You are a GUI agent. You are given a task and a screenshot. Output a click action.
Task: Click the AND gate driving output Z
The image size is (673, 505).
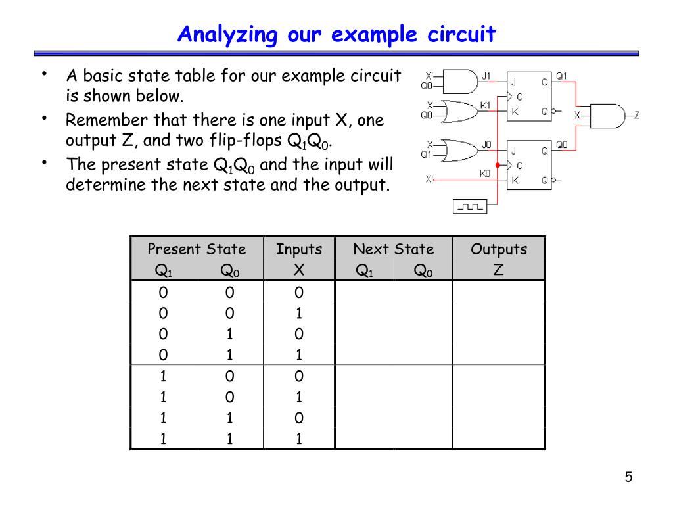607,114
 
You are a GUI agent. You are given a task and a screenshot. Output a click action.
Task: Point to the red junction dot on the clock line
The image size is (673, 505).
498,165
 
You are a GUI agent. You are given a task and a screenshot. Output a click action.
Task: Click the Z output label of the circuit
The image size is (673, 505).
636,115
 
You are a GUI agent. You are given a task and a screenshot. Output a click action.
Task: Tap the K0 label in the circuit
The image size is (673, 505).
485,174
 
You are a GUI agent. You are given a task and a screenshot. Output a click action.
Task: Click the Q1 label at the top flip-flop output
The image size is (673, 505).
561,76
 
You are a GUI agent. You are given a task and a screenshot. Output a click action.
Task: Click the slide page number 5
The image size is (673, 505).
628,477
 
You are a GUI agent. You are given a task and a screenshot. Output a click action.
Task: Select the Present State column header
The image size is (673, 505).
197,249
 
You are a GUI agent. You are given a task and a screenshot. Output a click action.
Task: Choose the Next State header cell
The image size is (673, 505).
393,249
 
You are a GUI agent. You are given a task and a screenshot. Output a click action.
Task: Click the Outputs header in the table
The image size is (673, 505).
498,249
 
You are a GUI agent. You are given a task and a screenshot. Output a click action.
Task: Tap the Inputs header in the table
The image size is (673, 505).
299,249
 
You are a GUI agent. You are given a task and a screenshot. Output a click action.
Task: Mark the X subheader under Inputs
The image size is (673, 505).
299,270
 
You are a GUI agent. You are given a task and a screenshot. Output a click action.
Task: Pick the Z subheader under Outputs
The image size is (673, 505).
498,270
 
